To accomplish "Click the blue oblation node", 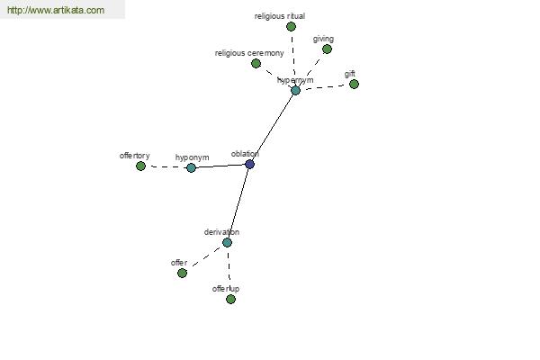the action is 249,165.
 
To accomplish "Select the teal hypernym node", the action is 295,91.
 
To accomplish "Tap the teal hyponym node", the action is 191,167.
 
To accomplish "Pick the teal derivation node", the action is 227,242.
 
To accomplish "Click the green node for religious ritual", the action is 291,26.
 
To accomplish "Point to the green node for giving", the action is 327,49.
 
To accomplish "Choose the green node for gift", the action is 354,84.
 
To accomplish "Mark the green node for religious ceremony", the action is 256,63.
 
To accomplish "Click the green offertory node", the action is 140,166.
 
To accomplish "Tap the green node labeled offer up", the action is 230,299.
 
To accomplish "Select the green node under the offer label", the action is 182,274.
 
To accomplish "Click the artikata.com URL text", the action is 56,10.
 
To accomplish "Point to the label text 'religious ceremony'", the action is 249,53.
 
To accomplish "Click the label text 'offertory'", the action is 135,156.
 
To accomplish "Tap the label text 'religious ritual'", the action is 280,16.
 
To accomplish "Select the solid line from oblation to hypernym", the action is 273,128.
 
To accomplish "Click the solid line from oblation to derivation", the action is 238,203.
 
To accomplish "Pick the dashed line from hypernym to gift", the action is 325,87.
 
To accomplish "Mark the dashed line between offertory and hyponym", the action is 166,167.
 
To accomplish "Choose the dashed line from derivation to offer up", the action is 229,271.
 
